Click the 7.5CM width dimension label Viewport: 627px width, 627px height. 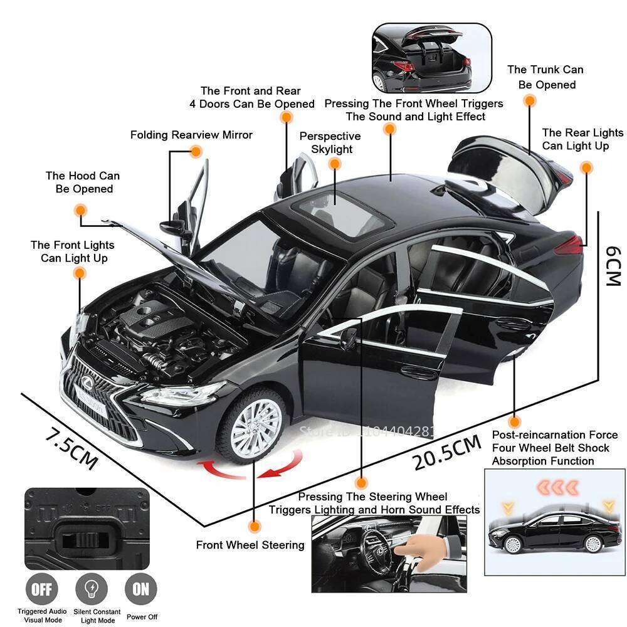coord(70,447)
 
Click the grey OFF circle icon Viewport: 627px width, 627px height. coord(41,589)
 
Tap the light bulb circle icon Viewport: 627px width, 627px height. coord(91,589)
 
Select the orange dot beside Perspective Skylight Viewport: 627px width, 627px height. coord(335,164)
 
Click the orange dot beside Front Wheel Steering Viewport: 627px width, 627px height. coord(254,527)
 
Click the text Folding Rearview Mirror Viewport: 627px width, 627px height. coord(191,135)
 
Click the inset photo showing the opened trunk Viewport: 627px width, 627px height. coord(431,58)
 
